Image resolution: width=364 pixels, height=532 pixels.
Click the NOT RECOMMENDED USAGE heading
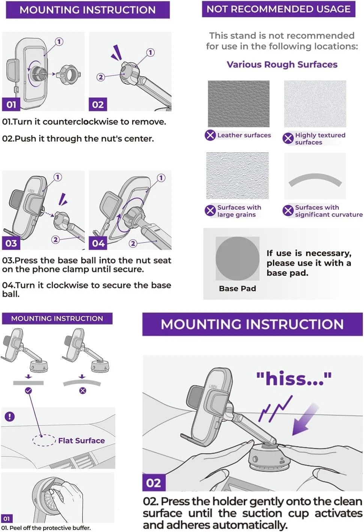[278, 9]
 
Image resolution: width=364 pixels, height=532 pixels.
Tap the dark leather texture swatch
[239, 104]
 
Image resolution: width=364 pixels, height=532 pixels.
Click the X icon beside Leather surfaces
[210, 135]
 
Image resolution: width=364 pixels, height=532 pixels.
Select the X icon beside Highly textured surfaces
[288, 138]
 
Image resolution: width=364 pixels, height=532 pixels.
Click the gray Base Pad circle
[238, 258]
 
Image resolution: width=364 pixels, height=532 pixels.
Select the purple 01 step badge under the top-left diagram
[11, 104]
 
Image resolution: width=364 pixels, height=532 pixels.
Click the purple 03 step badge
[11, 243]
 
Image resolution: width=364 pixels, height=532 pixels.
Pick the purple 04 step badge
[98, 243]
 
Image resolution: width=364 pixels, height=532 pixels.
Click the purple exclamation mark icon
[9, 416]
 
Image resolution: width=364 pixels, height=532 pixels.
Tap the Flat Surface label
[81, 440]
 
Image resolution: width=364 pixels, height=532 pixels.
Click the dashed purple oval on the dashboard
[44, 440]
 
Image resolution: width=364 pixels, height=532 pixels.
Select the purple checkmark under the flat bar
[28, 391]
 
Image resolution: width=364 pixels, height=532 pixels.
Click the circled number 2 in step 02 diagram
[101, 77]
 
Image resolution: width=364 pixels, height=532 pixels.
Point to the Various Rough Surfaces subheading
[282, 65]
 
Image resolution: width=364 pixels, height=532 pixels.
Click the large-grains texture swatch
[238, 176]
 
